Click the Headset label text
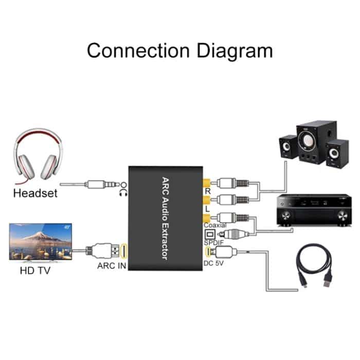(35, 194)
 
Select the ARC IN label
(111, 266)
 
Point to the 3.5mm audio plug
(98, 184)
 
